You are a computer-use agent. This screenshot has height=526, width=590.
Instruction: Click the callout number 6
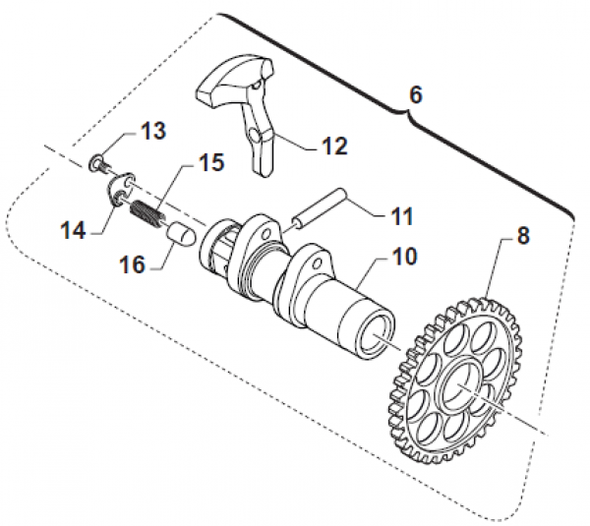(x=414, y=95)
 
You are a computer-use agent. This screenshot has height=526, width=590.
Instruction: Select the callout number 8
(x=522, y=237)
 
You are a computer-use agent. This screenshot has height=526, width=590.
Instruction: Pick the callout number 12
(x=334, y=146)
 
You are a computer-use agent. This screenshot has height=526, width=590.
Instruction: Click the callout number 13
(x=152, y=131)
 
